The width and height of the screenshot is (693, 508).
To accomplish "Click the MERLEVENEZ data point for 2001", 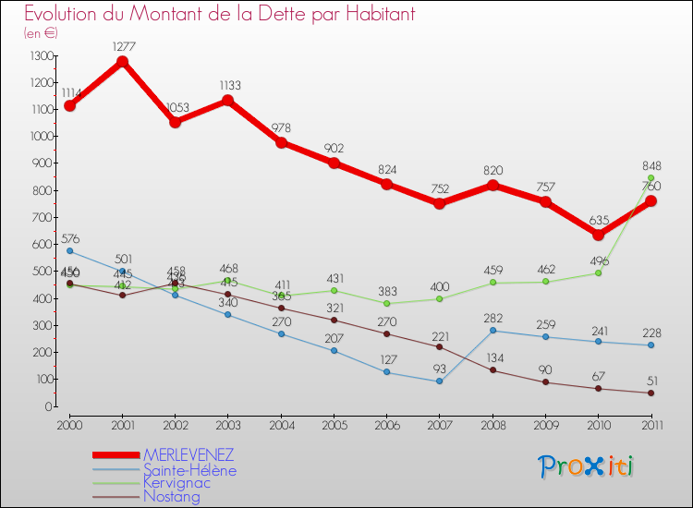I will (122, 62).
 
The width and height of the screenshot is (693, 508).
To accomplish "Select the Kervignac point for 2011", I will (650, 178).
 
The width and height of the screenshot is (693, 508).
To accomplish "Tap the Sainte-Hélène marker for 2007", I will (439, 381).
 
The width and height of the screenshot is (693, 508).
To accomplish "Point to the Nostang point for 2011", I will (650, 393).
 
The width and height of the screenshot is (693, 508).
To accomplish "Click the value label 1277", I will (122, 44).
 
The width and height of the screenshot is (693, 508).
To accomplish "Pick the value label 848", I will (650, 167).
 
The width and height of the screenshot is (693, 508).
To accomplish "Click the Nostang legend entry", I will (171, 497).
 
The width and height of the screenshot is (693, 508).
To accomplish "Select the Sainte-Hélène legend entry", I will (189, 470).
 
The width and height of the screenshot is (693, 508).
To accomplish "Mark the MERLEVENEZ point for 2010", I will (598, 235).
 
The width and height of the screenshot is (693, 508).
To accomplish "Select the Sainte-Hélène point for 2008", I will (492, 331).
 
